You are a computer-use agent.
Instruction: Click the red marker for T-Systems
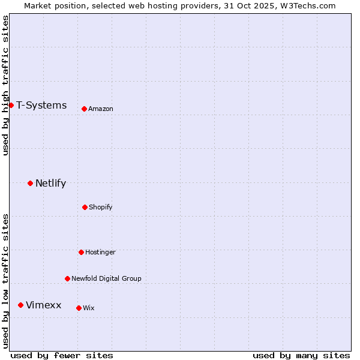11,106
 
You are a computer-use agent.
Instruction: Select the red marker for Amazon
85,109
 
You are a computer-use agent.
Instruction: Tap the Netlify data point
30,183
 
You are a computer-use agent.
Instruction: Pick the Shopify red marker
85,207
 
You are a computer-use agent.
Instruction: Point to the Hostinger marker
81,252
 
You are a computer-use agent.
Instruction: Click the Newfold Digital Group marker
67,278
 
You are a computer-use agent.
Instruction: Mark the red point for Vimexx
20,305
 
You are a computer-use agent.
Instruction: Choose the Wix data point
79,308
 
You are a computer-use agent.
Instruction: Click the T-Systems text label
41,106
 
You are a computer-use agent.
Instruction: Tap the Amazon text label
101,109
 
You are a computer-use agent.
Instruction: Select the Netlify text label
50,183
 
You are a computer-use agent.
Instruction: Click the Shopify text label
101,207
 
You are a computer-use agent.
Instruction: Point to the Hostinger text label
100,252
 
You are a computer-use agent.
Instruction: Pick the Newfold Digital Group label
106,278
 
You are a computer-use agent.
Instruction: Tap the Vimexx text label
43,305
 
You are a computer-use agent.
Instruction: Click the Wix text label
89,308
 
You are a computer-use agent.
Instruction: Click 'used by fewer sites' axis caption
62,355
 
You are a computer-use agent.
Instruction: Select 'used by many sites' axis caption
301,355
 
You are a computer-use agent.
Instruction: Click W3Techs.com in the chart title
305,5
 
